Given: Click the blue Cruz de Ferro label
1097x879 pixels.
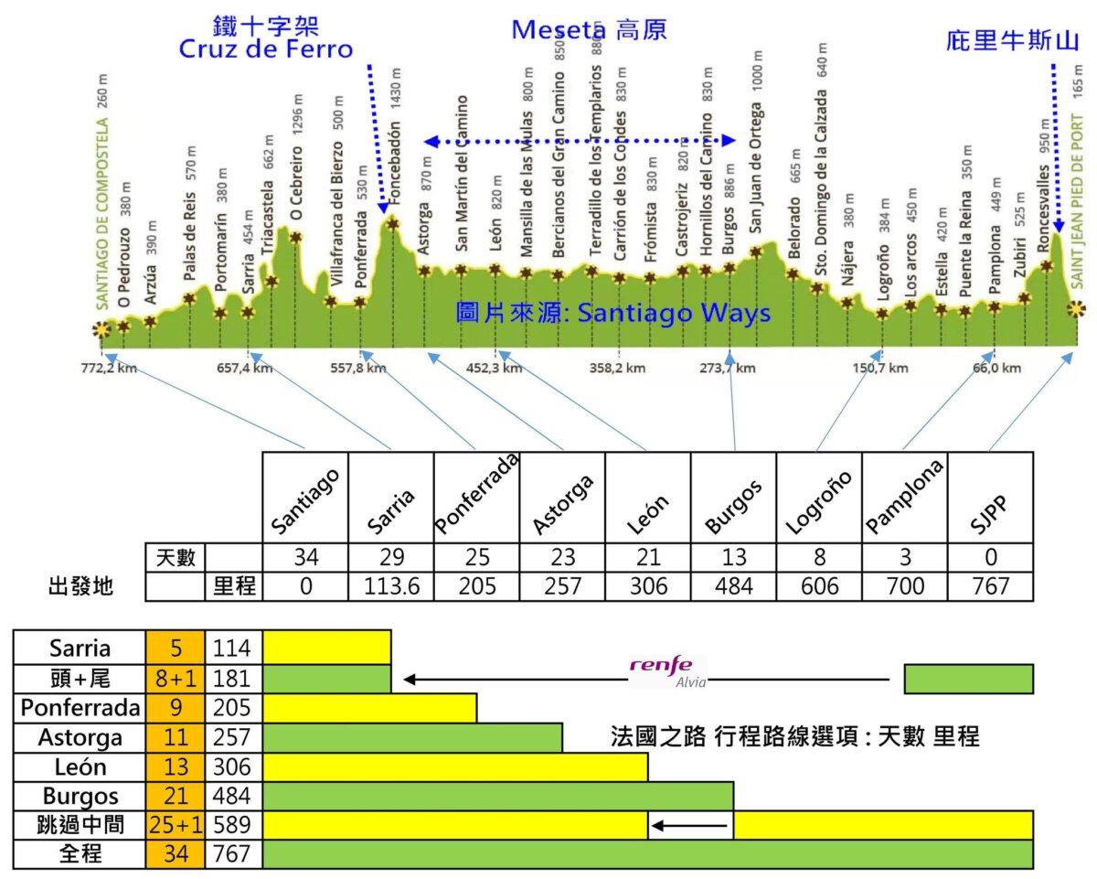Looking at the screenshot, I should pos(266,48).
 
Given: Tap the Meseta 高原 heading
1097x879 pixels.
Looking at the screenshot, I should pos(590,29).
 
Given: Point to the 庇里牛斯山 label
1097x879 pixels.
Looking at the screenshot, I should pos(1014,42).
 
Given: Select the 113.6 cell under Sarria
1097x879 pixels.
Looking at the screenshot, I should pos(392,585).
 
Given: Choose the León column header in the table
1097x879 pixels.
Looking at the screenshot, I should pos(648,498).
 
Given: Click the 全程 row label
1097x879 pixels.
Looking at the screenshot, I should pos(79,854).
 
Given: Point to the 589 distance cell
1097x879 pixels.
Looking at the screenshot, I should pos(233,825).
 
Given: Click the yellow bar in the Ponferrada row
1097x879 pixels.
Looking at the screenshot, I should pos(369,708).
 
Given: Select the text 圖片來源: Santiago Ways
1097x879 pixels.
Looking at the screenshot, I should pos(612,314).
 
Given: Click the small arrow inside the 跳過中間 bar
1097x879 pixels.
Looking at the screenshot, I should pos(690,826).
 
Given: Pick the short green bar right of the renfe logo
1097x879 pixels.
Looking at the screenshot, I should pos(968,679).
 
